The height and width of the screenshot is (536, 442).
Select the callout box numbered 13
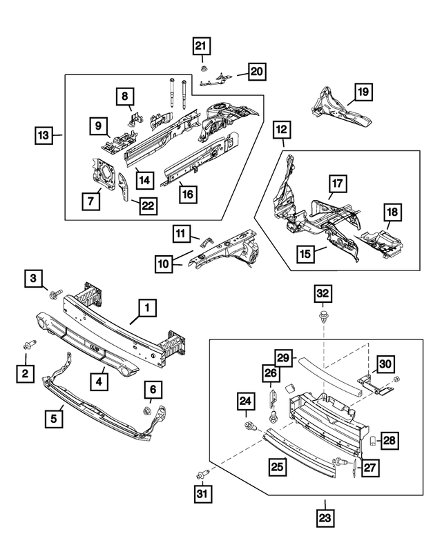point(43,136)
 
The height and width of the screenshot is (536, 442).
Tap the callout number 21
point(200,47)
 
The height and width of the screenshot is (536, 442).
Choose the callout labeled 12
point(282,129)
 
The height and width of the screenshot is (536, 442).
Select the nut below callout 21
point(202,67)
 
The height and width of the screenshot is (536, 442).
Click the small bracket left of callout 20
point(217,81)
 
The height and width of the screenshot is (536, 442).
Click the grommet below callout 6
point(147,413)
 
